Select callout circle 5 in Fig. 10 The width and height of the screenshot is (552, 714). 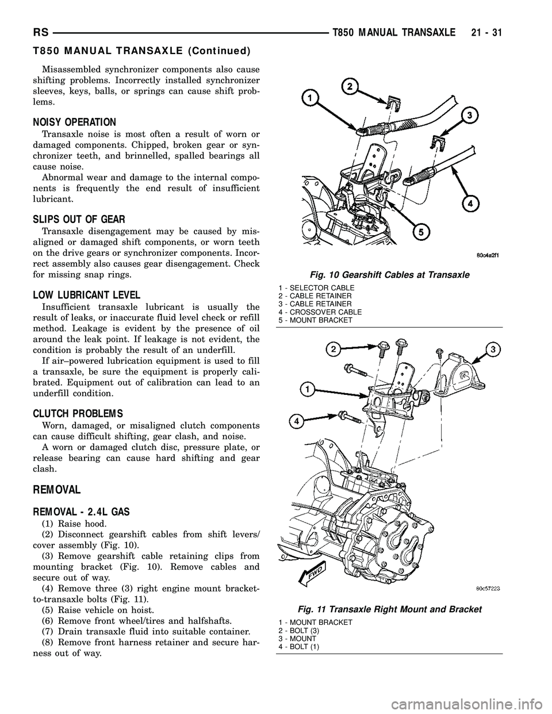421,232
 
